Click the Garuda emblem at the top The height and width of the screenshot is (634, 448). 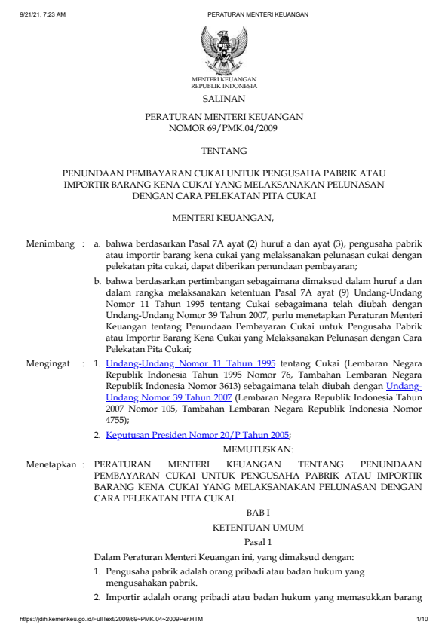(x=223, y=49)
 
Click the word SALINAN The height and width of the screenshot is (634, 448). (x=224, y=99)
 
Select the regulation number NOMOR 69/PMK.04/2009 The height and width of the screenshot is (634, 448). (x=224, y=129)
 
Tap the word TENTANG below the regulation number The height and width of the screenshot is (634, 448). (x=224, y=152)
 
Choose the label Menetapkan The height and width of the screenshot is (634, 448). (x=51, y=464)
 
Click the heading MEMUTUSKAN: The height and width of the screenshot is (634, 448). (x=256, y=450)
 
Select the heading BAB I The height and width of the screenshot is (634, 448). (x=256, y=513)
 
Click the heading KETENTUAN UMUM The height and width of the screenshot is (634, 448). (x=256, y=527)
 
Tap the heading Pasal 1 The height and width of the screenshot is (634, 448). (x=256, y=541)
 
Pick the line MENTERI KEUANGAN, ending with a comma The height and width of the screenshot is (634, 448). (x=224, y=219)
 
